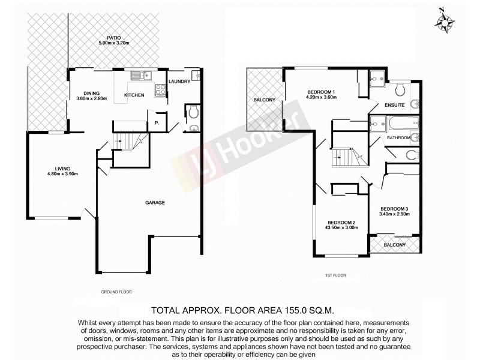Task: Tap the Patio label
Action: click(111, 37)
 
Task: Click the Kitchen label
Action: click(134, 95)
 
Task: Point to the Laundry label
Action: click(179, 82)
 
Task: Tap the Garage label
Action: click(154, 202)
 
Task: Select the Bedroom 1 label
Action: click(320, 91)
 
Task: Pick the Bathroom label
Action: click(398, 137)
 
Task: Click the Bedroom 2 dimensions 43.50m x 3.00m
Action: click(341, 228)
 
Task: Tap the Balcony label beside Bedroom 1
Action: click(265, 100)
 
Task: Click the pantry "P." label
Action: click(157, 123)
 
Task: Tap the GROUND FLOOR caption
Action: click(116, 292)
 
